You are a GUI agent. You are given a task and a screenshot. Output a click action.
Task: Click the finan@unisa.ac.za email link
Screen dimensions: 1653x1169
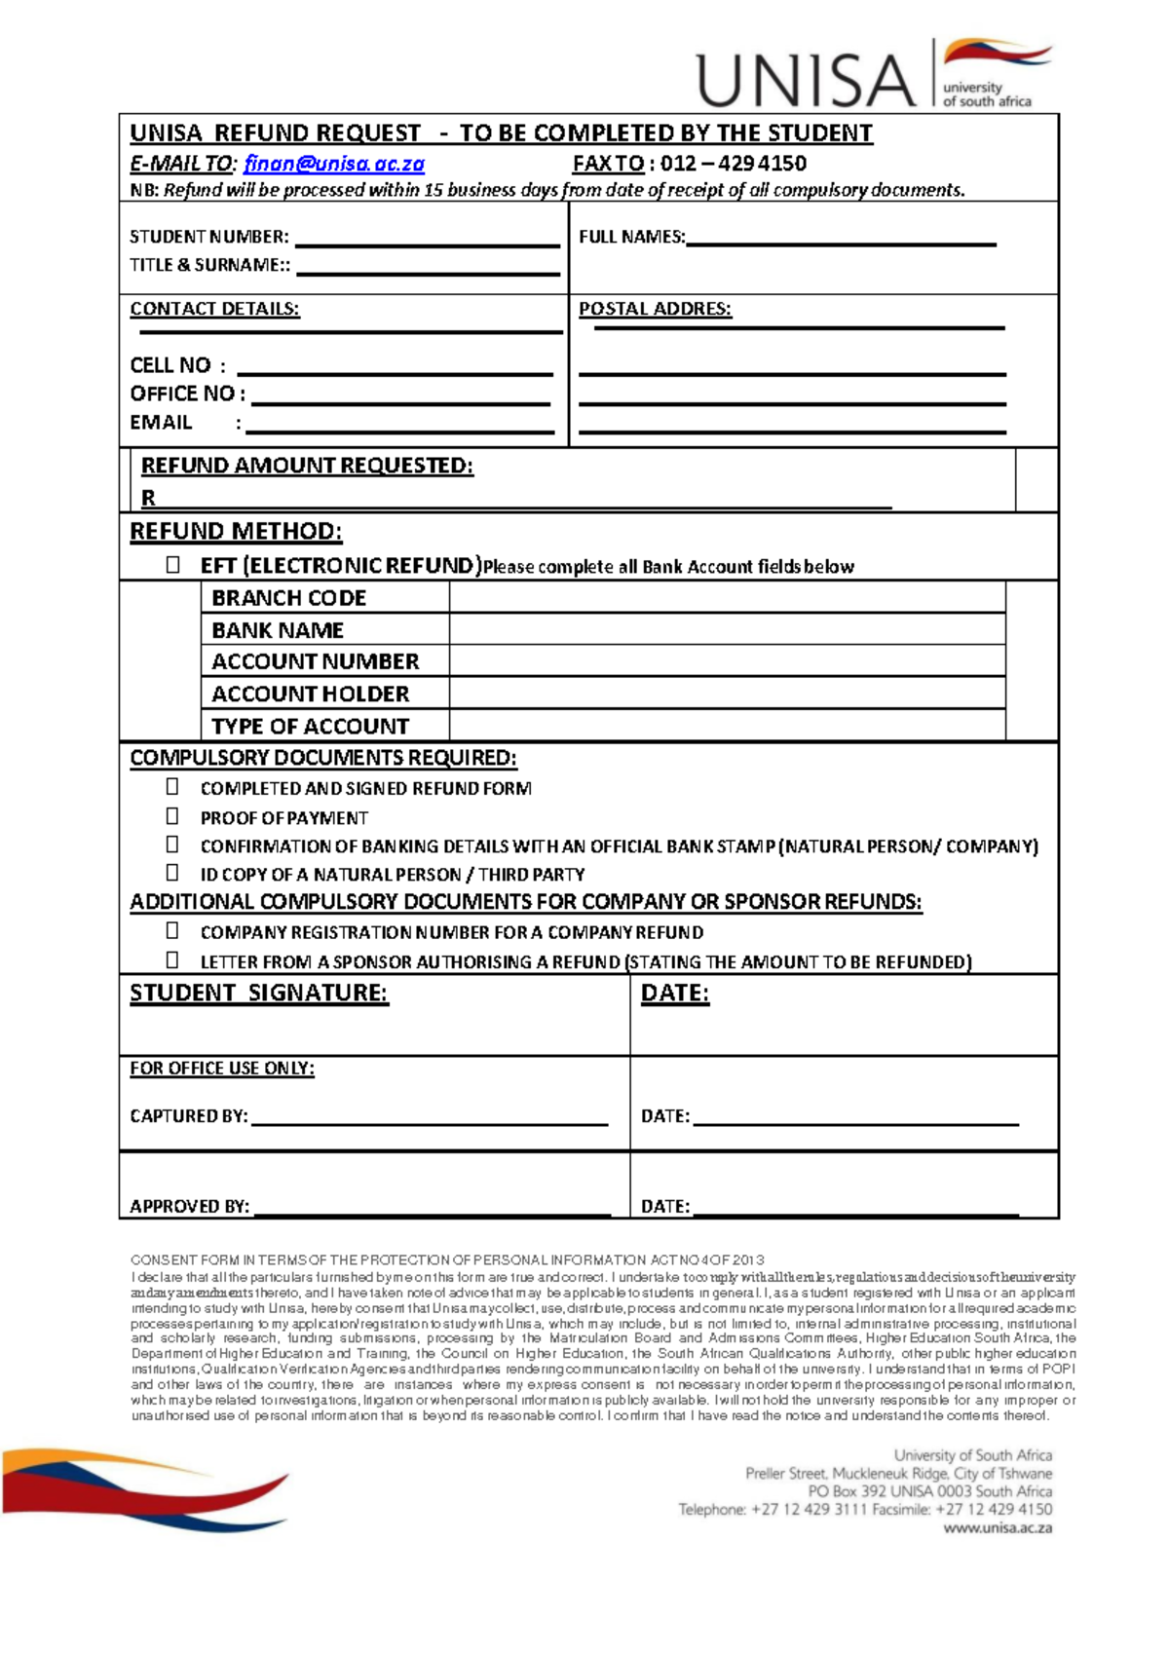point(333,164)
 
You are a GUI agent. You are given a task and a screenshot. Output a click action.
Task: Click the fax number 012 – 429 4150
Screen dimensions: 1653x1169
point(733,164)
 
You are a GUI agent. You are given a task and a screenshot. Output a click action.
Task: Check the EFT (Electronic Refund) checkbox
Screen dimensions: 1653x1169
point(172,565)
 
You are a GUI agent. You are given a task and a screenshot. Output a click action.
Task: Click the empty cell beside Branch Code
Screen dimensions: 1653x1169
point(726,597)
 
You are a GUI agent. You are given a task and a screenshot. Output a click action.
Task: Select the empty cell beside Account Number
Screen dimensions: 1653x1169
point(726,660)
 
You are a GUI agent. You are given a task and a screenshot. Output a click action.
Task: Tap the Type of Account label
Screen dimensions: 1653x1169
point(310,726)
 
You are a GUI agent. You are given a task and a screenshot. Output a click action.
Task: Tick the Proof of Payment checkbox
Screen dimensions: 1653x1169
point(172,816)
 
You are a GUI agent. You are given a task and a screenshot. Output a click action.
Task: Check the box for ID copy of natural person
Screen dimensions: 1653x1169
point(172,873)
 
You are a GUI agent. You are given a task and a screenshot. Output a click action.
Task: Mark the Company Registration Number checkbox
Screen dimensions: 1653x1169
point(172,931)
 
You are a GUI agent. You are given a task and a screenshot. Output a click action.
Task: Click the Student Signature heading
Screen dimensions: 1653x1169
point(259,993)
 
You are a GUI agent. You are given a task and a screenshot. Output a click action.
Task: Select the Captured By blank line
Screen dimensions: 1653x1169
point(429,1120)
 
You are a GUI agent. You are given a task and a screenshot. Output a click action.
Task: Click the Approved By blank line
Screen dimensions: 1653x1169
point(431,1211)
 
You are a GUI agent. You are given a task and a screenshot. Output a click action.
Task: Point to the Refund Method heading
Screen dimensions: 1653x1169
point(236,531)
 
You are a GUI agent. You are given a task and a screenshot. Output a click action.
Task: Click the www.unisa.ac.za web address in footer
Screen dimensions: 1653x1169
point(997,1528)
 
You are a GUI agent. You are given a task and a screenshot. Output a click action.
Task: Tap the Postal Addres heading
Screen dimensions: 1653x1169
point(655,309)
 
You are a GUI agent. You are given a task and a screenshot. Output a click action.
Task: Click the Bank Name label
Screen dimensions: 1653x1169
point(278,629)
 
